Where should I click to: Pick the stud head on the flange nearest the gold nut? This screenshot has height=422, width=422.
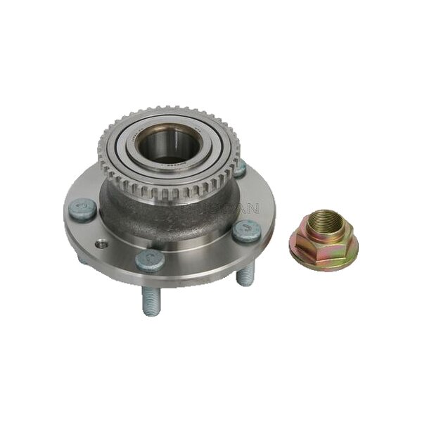point(248,230)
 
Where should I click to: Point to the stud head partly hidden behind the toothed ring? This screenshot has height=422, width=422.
point(240,168)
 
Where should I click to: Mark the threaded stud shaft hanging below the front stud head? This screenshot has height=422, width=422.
point(151,298)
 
